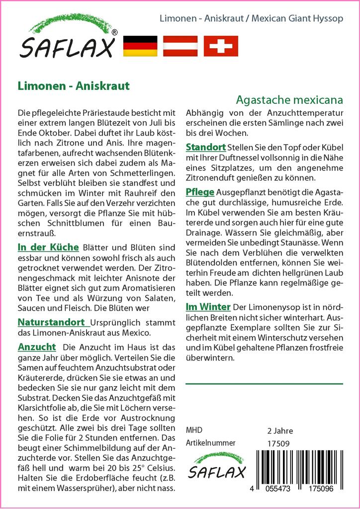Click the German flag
[140, 46]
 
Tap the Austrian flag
[180, 46]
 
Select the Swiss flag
[221, 46]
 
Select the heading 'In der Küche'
[48, 247]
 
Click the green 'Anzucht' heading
[36, 346]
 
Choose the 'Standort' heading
[205, 147]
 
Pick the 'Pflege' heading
[200, 192]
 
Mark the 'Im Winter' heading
[208, 306]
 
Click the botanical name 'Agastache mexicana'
[289, 99]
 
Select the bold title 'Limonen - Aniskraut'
[73, 85]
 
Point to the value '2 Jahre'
[280, 430]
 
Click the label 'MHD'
[194, 430]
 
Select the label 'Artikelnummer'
[210, 443]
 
